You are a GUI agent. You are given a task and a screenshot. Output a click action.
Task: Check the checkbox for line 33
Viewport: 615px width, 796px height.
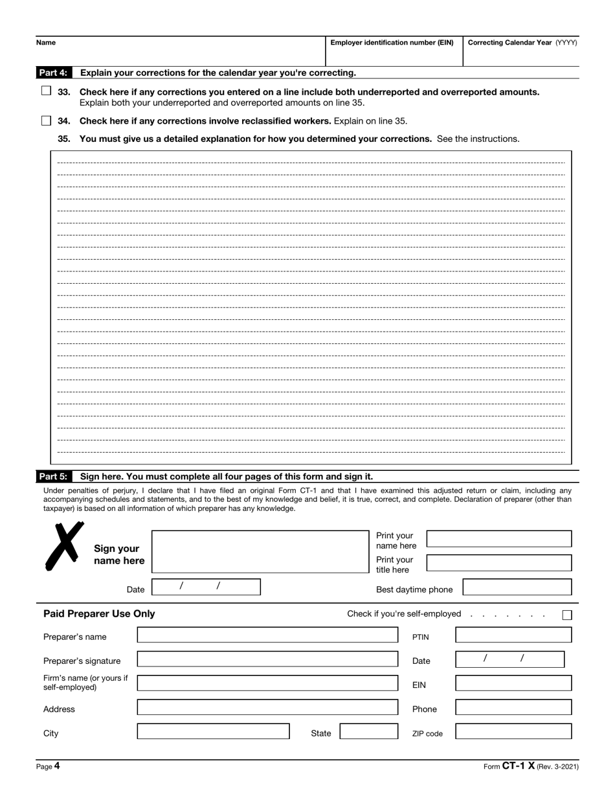46,91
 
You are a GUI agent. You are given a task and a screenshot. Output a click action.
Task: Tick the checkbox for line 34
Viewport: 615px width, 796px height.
46,120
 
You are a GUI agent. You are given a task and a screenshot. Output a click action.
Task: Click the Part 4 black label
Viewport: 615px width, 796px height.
54,73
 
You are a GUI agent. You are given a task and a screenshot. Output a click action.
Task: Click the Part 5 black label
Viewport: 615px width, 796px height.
54,476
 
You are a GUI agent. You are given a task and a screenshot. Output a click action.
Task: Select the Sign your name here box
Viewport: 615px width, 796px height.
260,552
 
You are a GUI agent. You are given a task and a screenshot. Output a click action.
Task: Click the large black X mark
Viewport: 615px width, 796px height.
64,546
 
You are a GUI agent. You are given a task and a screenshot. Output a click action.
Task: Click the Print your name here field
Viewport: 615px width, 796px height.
499,539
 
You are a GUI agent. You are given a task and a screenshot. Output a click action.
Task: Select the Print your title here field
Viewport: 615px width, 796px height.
499,563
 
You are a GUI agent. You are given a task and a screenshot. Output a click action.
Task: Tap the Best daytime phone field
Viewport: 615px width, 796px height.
517,587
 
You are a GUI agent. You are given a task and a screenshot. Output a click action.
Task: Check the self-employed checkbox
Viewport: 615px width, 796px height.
567,615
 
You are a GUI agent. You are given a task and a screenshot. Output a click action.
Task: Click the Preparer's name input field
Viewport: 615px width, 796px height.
267,635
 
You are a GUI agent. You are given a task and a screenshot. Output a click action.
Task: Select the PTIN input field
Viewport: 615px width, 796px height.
513,635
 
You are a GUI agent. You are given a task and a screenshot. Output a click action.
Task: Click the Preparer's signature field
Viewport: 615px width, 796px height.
267,659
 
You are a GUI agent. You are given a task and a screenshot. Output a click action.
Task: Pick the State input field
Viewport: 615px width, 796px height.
369,732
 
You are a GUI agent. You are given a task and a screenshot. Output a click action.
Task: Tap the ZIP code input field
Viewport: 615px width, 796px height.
513,732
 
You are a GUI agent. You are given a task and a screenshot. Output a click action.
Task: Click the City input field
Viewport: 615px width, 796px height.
213,732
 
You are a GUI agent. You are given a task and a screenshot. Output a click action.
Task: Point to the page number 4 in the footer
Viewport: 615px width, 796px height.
56,766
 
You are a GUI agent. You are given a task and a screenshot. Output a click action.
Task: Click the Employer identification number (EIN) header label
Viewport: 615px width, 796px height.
392,43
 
